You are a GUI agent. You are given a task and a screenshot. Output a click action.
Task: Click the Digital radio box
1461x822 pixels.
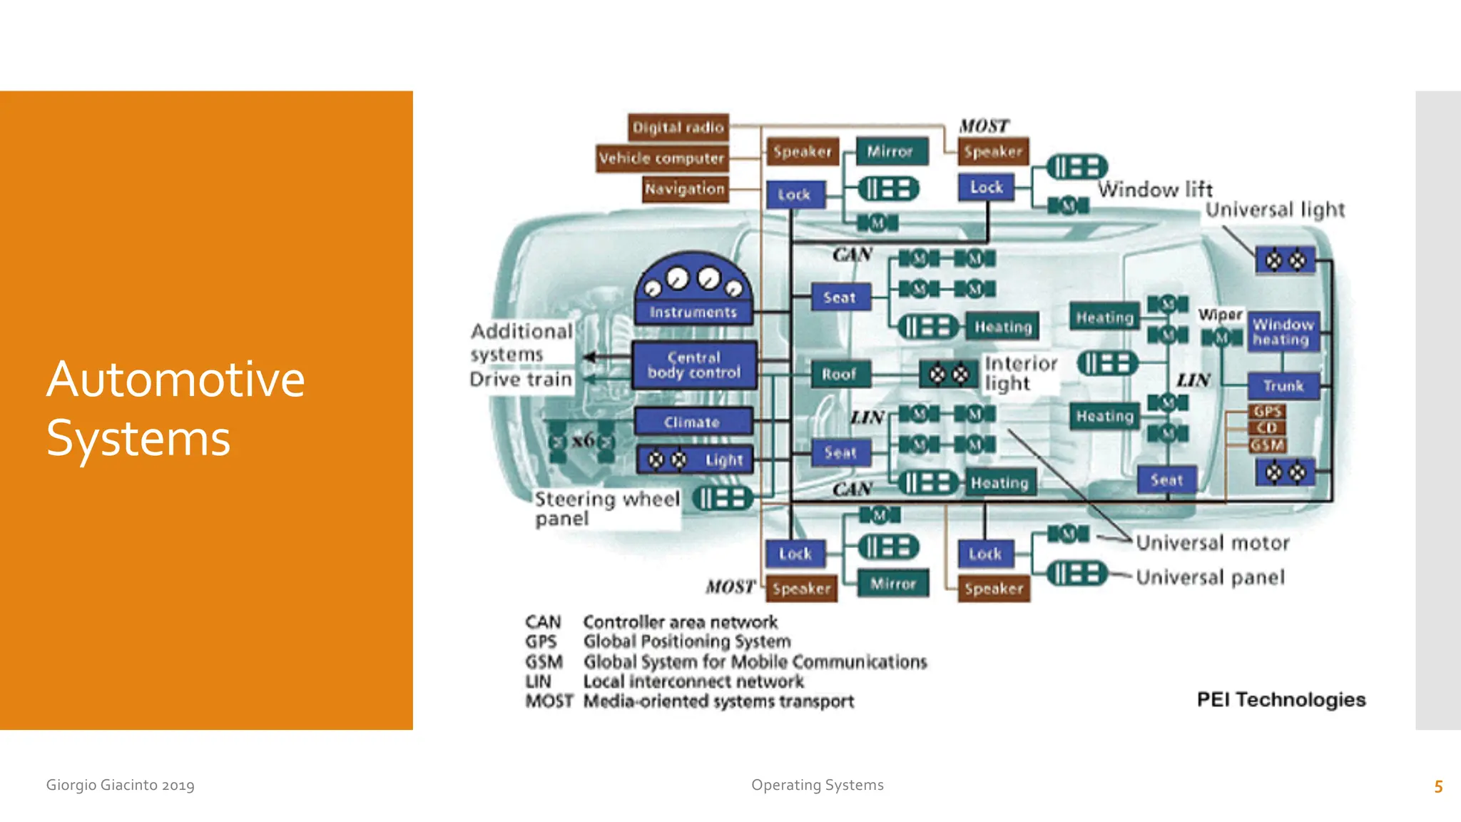point(678,128)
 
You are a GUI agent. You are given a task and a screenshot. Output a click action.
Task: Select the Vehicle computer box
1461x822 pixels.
point(661,158)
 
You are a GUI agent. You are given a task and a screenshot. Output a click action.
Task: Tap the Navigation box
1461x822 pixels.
point(684,189)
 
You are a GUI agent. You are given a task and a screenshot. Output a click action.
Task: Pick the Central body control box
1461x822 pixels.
point(693,365)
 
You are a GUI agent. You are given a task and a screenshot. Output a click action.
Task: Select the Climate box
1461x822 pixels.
point(692,422)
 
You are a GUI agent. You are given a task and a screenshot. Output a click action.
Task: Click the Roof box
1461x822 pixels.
point(839,374)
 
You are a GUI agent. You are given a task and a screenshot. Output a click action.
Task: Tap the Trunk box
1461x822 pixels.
point(1283,386)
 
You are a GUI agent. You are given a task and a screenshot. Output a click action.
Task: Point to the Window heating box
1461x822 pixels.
point(1283,332)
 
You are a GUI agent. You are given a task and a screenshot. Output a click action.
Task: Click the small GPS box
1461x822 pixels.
point(1267,412)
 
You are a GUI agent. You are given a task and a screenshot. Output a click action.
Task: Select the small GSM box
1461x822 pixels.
point(1267,445)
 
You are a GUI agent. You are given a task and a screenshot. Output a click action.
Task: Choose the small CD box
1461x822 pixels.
point(1267,428)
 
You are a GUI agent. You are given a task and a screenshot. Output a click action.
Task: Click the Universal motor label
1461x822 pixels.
point(1212,543)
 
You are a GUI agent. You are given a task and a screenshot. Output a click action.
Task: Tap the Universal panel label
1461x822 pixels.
point(1210,577)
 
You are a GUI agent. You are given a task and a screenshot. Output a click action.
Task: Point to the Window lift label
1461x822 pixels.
point(1154,190)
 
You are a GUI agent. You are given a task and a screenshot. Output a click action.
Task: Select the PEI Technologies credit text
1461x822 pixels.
point(1281,700)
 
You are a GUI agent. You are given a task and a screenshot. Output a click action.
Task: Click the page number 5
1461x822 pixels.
point(1438,786)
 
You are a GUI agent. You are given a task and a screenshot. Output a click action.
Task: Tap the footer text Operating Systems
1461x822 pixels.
point(817,785)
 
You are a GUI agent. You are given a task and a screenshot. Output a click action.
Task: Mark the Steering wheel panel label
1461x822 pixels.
point(606,508)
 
